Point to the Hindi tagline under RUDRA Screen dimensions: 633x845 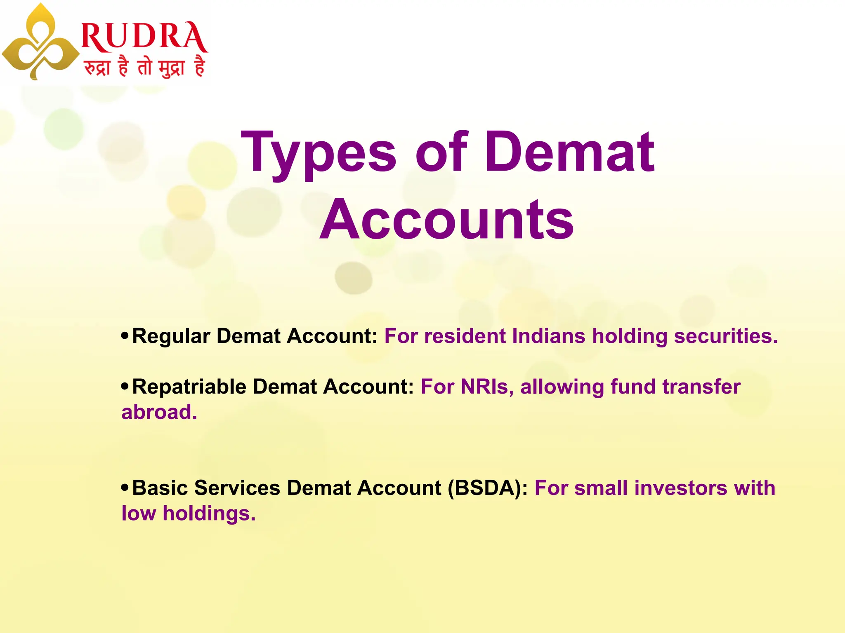pyautogui.click(x=144, y=67)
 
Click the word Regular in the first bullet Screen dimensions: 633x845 pyautogui.click(x=171, y=336)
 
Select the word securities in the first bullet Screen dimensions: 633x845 pyautogui.click(x=725, y=336)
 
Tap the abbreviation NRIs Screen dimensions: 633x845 pyautogui.click(x=487, y=387)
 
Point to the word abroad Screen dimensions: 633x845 pyautogui.click(x=159, y=412)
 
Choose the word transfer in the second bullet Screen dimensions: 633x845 pyautogui.click(x=701, y=387)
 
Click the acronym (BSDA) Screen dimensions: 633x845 pyautogui.click(x=487, y=488)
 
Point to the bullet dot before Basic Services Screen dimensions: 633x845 pyautogui.click(x=125, y=488)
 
